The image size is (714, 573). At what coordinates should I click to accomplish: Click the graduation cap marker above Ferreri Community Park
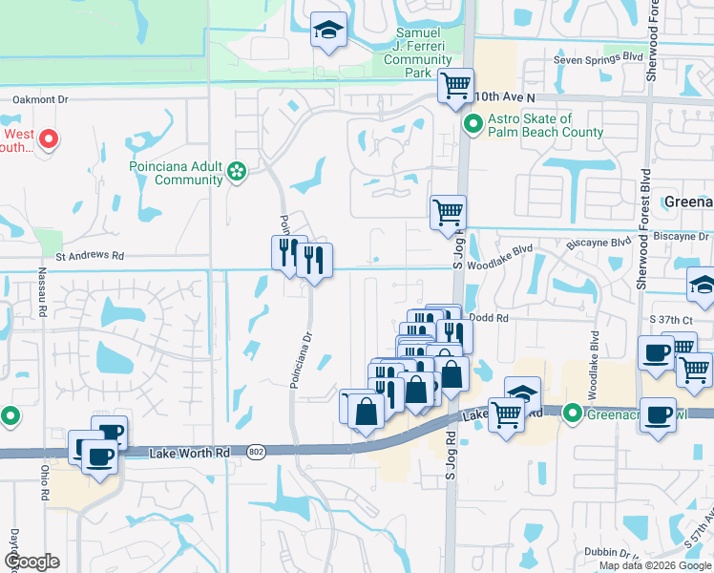pyautogui.click(x=327, y=32)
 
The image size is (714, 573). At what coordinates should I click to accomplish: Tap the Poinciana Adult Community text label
pyautogui.click(x=176, y=172)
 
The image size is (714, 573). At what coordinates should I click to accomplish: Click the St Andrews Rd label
pyautogui.click(x=90, y=256)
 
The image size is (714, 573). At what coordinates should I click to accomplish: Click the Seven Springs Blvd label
pyautogui.click(x=598, y=58)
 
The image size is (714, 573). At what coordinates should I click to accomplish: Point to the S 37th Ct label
pyautogui.click(x=668, y=318)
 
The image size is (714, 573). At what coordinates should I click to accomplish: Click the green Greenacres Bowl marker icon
pyautogui.click(x=573, y=413)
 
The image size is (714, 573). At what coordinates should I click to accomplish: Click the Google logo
pyautogui.click(x=31, y=562)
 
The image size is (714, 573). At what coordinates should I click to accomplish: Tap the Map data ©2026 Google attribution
pyautogui.click(x=654, y=565)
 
